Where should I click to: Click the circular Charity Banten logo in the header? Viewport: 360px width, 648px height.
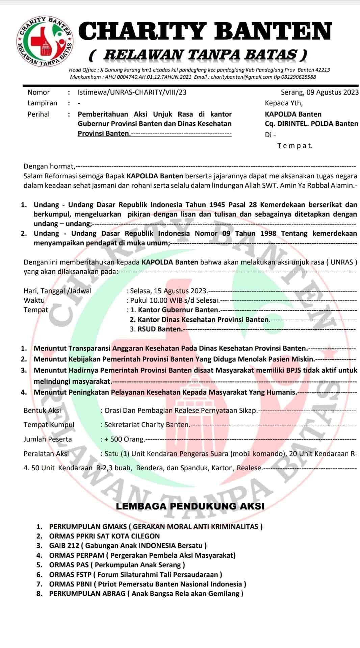click(45, 40)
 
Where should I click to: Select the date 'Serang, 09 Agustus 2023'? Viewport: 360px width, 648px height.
click(319, 92)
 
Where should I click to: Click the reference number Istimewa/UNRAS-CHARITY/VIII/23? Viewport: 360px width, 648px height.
click(132, 92)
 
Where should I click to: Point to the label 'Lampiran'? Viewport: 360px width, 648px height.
click(42, 103)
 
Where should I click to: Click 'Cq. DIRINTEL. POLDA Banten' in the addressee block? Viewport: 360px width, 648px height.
click(311, 124)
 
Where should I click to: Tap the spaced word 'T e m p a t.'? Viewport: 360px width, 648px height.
click(295, 146)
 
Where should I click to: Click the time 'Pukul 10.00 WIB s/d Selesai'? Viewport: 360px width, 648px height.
click(175, 300)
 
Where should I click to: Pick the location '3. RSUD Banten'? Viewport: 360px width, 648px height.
click(156, 329)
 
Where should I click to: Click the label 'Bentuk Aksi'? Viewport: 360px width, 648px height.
click(42, 410)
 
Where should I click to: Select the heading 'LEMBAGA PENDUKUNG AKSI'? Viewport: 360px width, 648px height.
click(190, 506)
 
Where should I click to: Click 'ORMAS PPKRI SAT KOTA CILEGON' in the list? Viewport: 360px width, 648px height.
click(104, 536)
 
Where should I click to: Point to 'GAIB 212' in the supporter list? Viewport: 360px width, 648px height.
click(64, 546)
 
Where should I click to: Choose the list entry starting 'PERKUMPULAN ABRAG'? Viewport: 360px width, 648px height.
click(87, 594)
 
